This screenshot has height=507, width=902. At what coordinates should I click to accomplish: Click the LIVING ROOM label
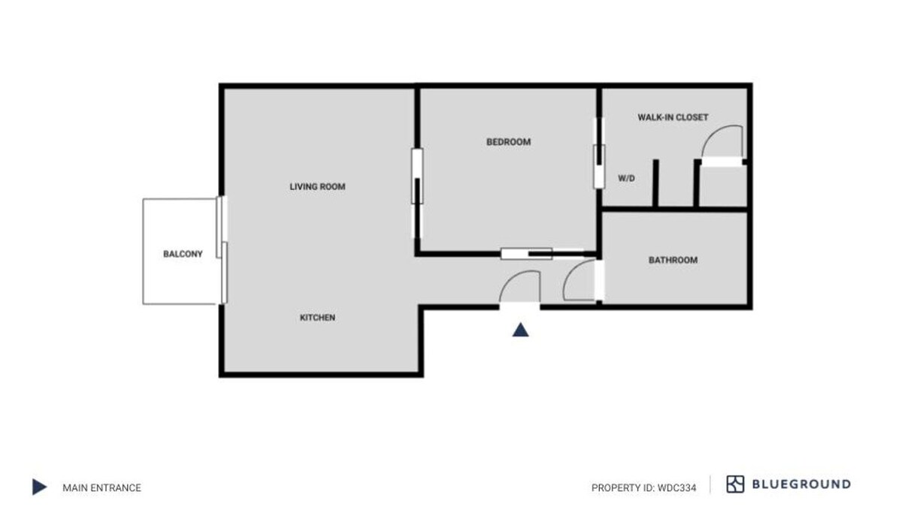(x=317, y=187)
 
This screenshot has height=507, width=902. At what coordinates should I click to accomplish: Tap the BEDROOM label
(x=509, y=142)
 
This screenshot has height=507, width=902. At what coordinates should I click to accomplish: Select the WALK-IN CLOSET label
(x=673, y=117)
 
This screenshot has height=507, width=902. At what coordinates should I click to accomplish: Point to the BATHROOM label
(x=673, y=261)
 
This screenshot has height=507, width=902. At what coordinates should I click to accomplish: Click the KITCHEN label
(x=317, y=318)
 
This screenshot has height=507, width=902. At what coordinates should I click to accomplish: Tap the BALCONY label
(x=183, y=255)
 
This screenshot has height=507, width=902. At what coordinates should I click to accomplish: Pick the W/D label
(x=627, y=178)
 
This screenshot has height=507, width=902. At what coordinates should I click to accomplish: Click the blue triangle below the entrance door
(x=520, y=330)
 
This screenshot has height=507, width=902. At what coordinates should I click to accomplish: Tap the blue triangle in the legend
(x=39, y=487)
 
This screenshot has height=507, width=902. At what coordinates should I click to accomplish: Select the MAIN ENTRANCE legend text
(x=102, y=488)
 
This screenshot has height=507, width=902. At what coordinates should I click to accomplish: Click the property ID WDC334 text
(x=644, y=488)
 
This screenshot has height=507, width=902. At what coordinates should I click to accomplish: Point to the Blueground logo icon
(x=735, y=484)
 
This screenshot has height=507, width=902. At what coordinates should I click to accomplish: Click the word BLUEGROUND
(x=801, y=484)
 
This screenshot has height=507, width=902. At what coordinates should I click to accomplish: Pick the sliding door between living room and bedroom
(x=417, y=193)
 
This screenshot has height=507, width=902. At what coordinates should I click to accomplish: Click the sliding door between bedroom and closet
(x=599, y=153)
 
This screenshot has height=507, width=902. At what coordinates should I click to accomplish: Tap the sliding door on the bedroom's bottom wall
(x=542, y=254)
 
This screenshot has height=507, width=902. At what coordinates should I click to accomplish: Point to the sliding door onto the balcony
(x=222, y=249)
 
